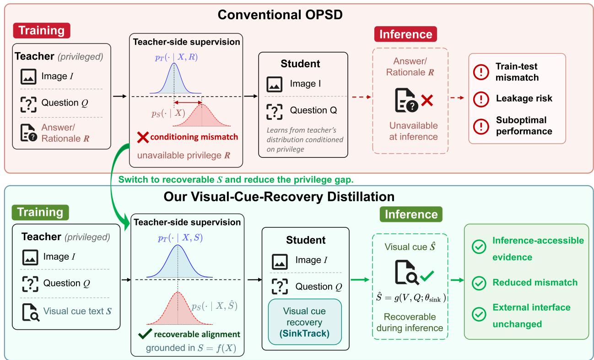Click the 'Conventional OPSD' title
click(x=280, y=15)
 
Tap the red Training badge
click(x=42, y=31)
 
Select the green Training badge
click(x=40, y=212)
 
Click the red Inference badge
click(x=405, y=34)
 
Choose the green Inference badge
click(x=411, y=214)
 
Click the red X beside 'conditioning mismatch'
click(x=143, y=137)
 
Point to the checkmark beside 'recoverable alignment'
click(x=145, y=334)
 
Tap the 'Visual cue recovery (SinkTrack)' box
click(x=305, y=322)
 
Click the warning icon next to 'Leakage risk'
click(x=481, y=99)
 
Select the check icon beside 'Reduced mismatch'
click(x=479, y=283)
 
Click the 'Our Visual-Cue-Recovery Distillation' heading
click(x=279, y=197)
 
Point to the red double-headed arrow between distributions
click(x=188, y=102)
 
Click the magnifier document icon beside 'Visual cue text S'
click(x=31, y=312)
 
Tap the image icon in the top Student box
click(x=274, y=84)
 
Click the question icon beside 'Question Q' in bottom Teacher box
click(x=30, y=284)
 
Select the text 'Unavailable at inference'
click(x=413, y=131)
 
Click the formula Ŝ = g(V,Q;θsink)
click(x=411, y=297)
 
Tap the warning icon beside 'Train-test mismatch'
click(x=481, y=72)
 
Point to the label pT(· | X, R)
click(x=176, y=57)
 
